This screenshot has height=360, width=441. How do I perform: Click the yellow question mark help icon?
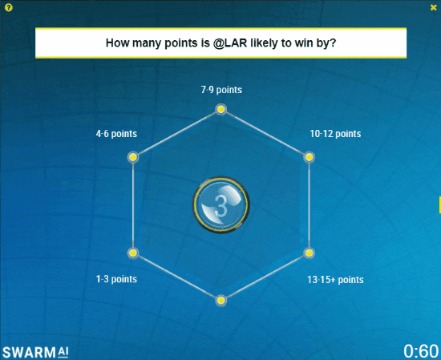tap(9, 8)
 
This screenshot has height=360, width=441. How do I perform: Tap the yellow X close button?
tap(434, 7)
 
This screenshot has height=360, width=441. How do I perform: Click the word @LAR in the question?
tap(230, 43)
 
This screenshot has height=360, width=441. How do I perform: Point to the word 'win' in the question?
tap(306, 43)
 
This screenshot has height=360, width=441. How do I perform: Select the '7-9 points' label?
tap(221, 90)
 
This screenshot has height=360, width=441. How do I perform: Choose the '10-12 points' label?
tap(335, 134)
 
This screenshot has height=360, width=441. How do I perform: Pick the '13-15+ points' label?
tap(335, 280)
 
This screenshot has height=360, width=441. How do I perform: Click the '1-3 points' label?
tap(116, 279)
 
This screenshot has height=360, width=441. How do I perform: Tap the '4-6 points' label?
tap(116, 134)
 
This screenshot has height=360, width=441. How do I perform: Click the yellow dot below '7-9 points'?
tap(220, 109)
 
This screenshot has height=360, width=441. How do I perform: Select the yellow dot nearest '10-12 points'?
tap(309, 157)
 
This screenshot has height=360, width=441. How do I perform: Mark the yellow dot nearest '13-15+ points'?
tap(309, 253)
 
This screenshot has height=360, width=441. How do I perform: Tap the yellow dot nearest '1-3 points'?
tap(133, 253)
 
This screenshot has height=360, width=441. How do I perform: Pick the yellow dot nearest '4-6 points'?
tap(133, 157)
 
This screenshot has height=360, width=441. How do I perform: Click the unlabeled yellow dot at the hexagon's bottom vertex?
tap(220, 301)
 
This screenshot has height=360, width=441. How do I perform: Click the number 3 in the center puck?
tap(220, 205)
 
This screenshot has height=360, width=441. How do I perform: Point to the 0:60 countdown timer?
tap(421, 351)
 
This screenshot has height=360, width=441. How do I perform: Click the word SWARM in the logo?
tap(29, 353)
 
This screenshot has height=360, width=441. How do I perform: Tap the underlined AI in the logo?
tap(63, 352)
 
